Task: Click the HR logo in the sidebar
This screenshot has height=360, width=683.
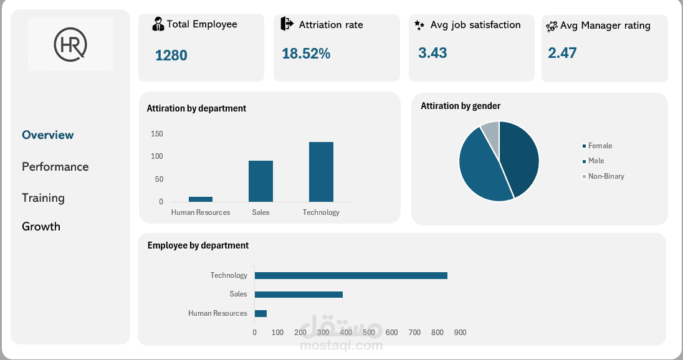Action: click(x=70, y=44)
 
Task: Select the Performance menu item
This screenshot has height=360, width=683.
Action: click(x=55, y=166)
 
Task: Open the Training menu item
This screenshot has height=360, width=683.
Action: click(x=43, y=197)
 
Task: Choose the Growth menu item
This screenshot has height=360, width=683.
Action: click(x=41, y=226)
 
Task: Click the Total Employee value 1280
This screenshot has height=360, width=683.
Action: click(x=171, y=55)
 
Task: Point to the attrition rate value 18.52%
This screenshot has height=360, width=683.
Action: click(x=306, y=54)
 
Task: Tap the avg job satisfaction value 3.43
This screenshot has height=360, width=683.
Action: click(x=432, y=53)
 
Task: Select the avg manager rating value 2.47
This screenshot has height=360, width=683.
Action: click(x=562, y=53)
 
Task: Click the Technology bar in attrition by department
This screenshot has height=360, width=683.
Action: click(x=321, y=172)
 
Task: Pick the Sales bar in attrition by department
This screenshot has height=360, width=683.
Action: click(x=260, y=181)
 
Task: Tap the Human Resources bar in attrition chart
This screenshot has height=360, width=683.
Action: click(x=201, y=199)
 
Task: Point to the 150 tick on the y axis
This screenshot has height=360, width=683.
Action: click(x=156, y=134)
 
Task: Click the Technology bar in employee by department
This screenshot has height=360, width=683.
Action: click(x=351, y=275)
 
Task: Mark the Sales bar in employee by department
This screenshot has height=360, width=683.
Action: click(x=299, y=295)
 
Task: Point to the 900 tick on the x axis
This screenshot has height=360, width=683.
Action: click(x=460, y=333)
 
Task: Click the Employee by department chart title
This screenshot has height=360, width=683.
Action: click(x=198, y=245)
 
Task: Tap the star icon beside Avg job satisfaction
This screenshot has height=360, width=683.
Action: click(x=419, y=26)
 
